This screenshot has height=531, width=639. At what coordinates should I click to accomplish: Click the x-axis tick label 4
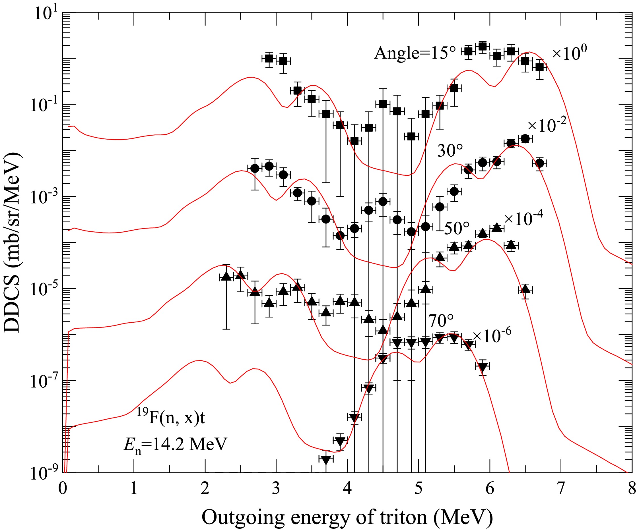(x=347, y=489)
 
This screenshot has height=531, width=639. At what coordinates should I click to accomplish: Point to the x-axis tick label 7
(x=561, y=489)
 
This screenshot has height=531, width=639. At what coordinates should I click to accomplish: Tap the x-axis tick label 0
(x=63, y=489)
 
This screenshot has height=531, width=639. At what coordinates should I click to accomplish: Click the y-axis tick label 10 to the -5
(x=46, y=290)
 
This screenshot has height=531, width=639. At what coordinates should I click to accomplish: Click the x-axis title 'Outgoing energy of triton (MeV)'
(x=347, y=517)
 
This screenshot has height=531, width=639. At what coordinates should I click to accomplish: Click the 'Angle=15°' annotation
(x=415, y=53)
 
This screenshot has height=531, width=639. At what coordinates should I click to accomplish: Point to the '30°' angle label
(x=450, y=150)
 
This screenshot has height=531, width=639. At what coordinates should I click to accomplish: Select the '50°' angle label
(x=457, y=228)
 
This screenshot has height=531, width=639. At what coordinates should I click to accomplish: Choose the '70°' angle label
(x=441, y=320)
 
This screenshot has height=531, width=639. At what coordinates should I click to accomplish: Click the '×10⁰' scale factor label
(x=569, y=53)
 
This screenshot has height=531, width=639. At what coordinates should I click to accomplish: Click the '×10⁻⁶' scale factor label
(x=492, y=335)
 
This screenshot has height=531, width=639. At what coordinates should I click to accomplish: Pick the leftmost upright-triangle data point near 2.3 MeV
(x=226, y=276)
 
